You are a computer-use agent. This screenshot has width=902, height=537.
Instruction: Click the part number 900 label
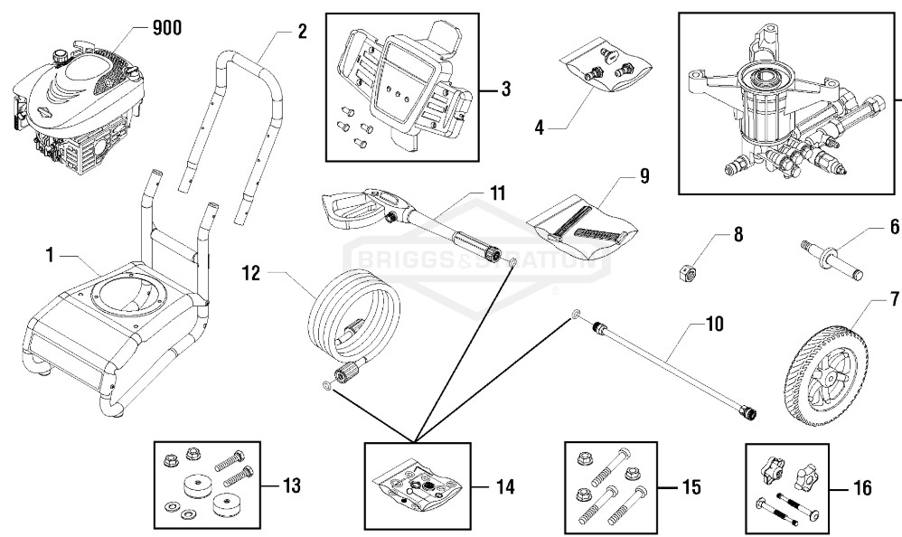coord(167,28)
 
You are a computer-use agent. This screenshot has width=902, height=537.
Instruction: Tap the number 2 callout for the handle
coord(302,31)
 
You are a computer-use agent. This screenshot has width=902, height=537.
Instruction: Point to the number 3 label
coord(505,89)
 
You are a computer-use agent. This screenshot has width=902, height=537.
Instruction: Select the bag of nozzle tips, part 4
coord(605,65)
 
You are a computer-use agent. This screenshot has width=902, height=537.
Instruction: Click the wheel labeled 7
coord(821,376)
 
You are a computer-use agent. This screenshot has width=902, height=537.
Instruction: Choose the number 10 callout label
coord(714,324)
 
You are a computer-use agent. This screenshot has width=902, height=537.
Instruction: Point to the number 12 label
coord(251,273)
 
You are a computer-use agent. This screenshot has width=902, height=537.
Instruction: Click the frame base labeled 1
coord(109,323)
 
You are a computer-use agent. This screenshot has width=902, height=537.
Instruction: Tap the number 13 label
coord(291,485)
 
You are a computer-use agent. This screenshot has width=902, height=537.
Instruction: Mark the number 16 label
coord(861,488)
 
